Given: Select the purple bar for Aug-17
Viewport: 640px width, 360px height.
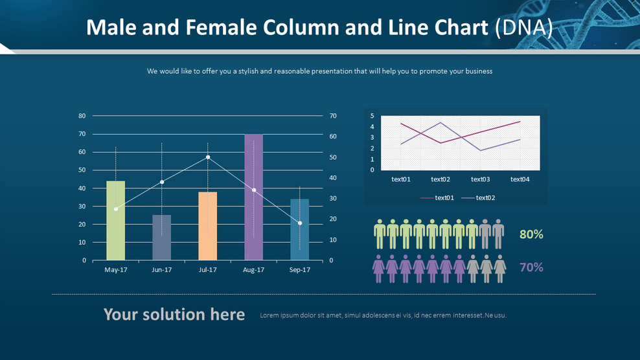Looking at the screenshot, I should (x=253, y=197).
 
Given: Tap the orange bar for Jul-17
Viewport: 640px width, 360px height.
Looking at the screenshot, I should (x=207, y=226).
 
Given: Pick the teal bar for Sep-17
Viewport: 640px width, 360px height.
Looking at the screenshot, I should (x=299, y=230).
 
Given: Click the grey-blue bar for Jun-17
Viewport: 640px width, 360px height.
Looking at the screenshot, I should (x=161, y=238).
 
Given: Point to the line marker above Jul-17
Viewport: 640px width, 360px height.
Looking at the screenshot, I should (x=208, y=157).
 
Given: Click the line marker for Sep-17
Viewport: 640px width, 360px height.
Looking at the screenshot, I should (x=300, y=223).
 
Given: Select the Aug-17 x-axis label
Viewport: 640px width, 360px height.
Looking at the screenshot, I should (x=253, y=270).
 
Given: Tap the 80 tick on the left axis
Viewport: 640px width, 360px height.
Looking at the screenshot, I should (x=82, y=116).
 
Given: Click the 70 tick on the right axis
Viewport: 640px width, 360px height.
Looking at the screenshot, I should (x=333, y=116).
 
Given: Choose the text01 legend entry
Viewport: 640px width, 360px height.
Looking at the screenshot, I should (x=444, y=198).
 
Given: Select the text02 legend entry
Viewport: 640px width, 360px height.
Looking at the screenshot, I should (x=485, y=198).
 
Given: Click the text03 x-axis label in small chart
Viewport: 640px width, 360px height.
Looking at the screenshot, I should (x=480, y=179).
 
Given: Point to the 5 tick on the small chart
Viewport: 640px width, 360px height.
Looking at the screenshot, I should (x=372, y=116).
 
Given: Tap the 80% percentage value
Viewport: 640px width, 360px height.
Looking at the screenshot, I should (x=531, y=234).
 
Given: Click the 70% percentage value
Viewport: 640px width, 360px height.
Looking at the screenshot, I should (x=531, y=267).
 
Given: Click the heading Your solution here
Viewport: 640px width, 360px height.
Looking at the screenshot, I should (x=174, y=315).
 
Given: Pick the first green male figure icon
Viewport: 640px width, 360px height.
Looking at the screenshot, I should (x=380, y=234).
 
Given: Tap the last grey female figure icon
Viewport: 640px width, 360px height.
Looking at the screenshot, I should (x=500, y=268).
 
